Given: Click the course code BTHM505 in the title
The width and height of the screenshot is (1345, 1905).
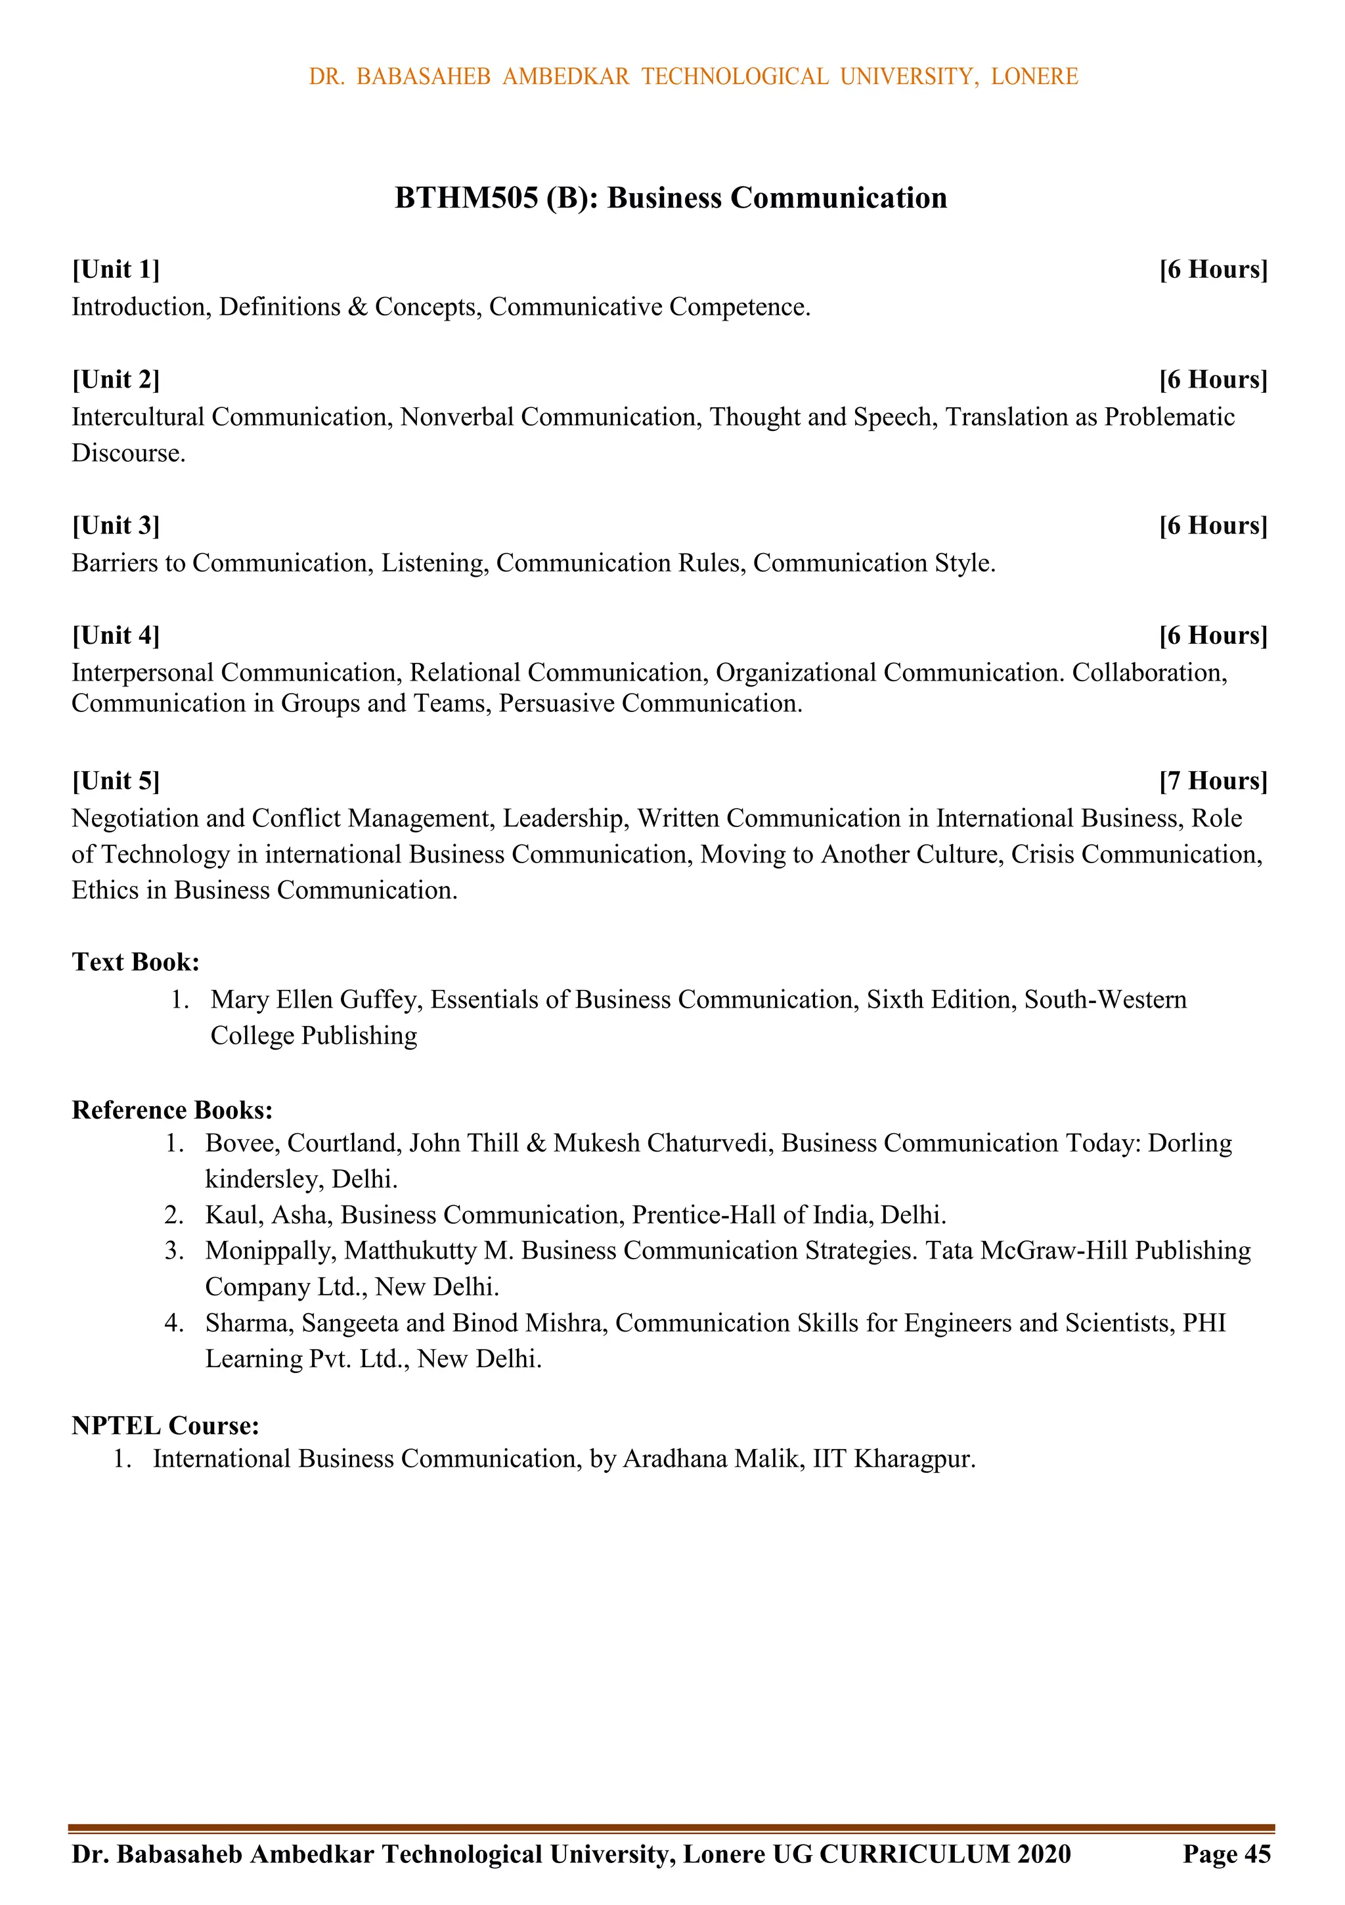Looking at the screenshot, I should pyautogui.click(x=466, y=198).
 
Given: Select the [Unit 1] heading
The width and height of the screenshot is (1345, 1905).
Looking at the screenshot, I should pyautogui.click(x=116, y=269).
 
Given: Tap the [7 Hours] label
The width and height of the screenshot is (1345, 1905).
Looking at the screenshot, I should pyautogui.click(x=1213, y=781).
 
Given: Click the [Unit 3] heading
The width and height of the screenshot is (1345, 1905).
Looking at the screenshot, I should pyautogui.click(x=116, y=526).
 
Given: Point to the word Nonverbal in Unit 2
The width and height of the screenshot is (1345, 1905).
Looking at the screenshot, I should pyautogui.click(x=457, y=416).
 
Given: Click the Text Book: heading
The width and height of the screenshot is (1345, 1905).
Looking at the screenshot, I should pyautogui.click(x=135, y=962).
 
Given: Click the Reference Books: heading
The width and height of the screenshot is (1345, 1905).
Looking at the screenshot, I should pyautogui.click(x=173, y=1110).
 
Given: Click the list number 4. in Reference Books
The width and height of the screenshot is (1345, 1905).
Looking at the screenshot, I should pyautogui.click(x=173, y=1322).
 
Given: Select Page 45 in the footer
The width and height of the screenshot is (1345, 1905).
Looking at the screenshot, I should pyautogui.click(x=1226, y=1877).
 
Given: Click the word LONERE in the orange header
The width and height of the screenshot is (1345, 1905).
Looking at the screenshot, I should pyautogui.click(x=1034, y=76).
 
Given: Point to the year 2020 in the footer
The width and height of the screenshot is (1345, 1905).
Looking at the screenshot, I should pyautogui.click(x=1042, y=1877).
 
